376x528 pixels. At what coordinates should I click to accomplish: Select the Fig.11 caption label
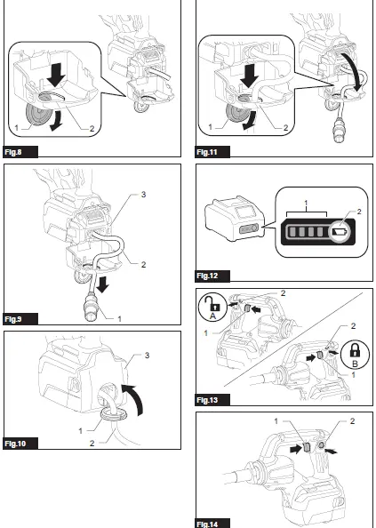[x=209, y=152]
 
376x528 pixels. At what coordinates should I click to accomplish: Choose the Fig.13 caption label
[x=209, y=400]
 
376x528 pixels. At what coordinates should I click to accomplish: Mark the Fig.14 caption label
[x=209, y=523]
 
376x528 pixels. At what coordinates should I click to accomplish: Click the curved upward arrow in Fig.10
[x=132, y=391]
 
